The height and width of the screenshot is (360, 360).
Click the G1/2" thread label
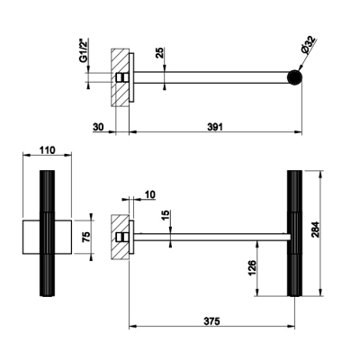(85, 50)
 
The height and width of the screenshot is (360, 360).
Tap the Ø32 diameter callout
(308, 45)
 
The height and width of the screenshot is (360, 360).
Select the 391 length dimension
(215, 127)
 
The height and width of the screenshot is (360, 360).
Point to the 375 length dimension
(212, 321)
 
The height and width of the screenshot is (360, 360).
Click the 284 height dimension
(316, 229)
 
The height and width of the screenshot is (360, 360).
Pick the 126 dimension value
(252, 268)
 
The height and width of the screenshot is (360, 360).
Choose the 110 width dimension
(47, 150)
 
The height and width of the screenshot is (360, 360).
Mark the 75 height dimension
(86, 237)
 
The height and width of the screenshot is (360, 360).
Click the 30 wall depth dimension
(98, 127)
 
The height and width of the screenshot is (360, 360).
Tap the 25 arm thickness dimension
(160, 53)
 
